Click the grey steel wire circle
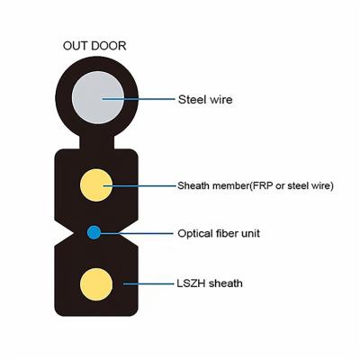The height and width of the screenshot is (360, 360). [x=98, y=97]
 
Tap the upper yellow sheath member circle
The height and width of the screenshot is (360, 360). [x=96, y=185]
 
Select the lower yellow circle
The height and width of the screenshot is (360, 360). [x=96, y=284]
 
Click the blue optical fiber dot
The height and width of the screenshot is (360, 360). [x=94, y=232]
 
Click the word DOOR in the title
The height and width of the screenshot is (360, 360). [x=109, y=46]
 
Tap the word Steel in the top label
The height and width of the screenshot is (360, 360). [x=192, y=99]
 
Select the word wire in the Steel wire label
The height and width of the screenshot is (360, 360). [x=220, y=99]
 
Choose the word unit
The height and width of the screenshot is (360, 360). [x=250, y=233]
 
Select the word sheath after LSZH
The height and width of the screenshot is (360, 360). [x=226, y=283]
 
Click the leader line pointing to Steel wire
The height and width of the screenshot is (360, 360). [x=139, y=99]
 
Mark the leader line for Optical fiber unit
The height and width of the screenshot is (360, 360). [x=137, y=233]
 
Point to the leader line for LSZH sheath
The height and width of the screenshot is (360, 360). [x=148, y=283]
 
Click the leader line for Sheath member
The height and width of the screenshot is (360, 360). [x=139, y=185]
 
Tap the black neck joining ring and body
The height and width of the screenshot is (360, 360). [x=96, y=143]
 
